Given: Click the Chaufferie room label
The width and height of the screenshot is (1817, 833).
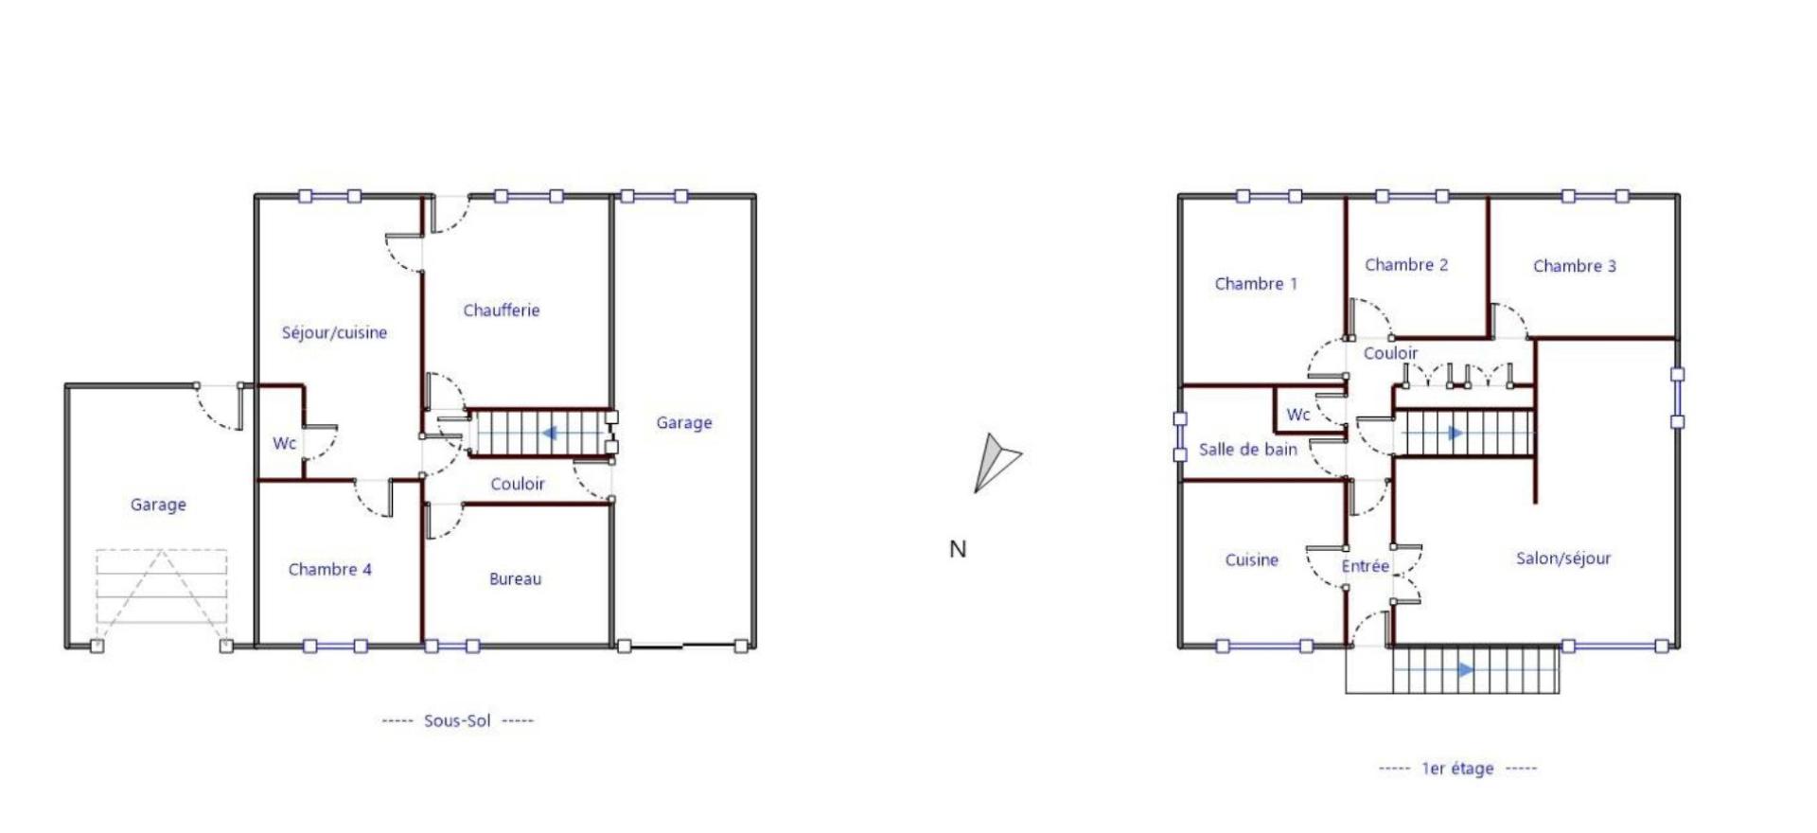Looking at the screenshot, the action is (x=501, y=310).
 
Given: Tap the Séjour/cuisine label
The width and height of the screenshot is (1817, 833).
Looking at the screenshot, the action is (x=334, y=333).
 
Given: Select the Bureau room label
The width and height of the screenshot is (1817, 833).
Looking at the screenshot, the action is (x=515, y=579).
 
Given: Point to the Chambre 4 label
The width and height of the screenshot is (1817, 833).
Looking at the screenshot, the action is (x=329, y=570).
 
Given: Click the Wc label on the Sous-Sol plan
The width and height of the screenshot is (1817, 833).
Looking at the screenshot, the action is (x=284, y=443).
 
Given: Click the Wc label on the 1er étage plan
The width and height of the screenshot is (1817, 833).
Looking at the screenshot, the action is (x=1298, y=415).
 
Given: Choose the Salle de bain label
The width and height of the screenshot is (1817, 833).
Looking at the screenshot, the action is (x=1247, y=450).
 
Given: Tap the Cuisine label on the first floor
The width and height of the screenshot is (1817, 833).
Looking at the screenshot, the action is (x=1251, y=560).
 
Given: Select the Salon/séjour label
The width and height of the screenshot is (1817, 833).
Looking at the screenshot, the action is (x=1563, y=558).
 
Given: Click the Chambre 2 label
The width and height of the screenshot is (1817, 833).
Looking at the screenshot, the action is (x=1406, y=265).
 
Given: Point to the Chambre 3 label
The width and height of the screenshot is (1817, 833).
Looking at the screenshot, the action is (x=1575, y=266).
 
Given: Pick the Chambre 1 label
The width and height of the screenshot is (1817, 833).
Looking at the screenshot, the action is (x=1256, y=284).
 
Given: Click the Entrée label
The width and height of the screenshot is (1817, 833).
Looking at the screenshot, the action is (x=1365, y=566).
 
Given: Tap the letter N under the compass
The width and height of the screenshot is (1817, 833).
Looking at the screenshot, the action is (x=958, y=549).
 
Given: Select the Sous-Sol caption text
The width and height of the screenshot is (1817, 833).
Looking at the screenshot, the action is (x=457, y=720).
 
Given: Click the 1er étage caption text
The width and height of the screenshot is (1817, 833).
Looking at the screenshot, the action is (x=1457, y=769).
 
